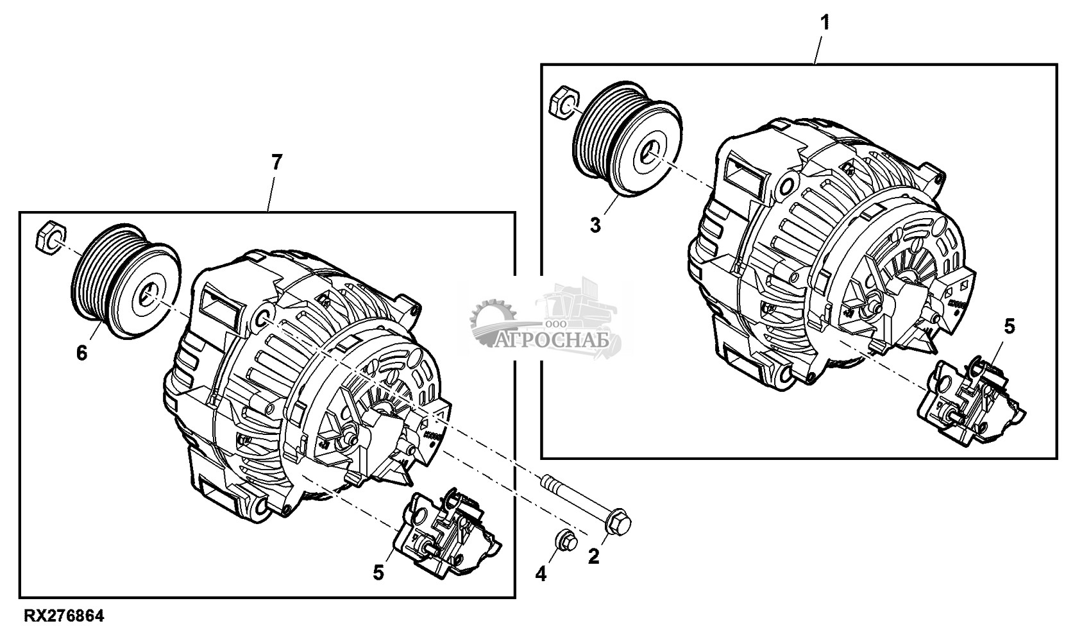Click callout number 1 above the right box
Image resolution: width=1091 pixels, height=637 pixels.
[825, 22]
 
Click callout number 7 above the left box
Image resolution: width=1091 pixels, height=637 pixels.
[276, 162]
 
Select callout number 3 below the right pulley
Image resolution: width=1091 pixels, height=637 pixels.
[595, 226]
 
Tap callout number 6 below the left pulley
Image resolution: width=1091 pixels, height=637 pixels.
[82, 353]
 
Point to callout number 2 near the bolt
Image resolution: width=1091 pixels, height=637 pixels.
[593, 557]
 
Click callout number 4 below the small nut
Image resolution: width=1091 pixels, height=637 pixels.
[541, 574]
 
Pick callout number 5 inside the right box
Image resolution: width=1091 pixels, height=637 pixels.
[1010, 327]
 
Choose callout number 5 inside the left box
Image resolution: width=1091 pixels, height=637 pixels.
[378, 573]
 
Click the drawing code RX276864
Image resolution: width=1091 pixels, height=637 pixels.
[63, 616]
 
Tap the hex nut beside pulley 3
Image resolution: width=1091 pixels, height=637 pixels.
[563, 102]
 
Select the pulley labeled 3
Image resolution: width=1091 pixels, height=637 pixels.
[627, 140]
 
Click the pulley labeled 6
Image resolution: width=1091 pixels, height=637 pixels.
[126, 281]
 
